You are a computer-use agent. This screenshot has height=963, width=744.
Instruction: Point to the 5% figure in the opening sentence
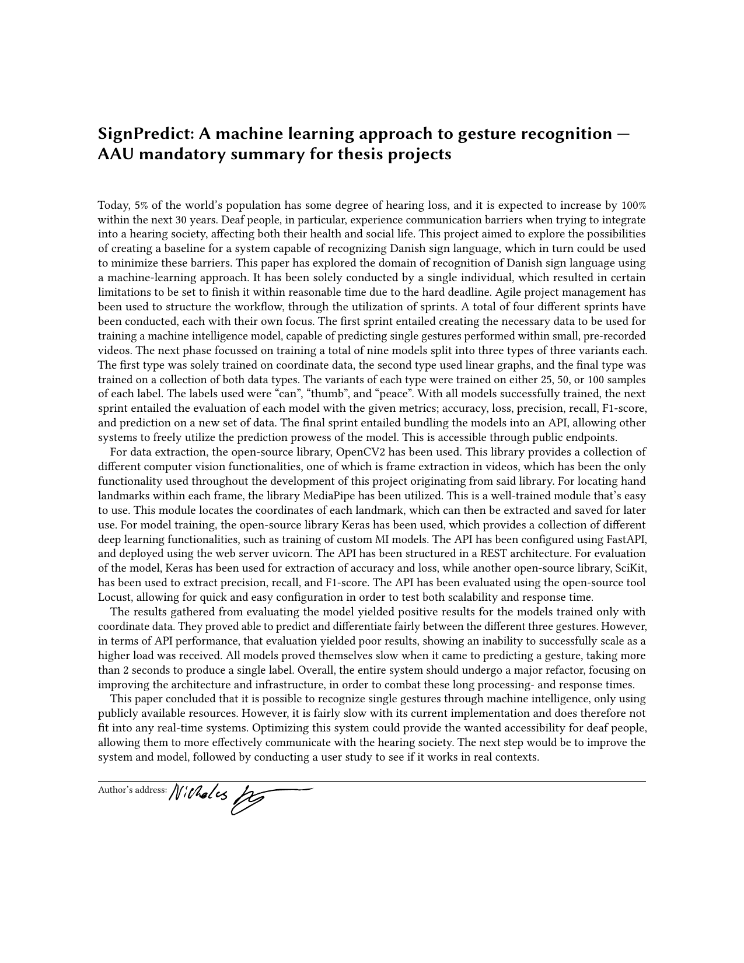click(x=141, y=205)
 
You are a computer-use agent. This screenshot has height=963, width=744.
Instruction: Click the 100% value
click(x=633, y=205)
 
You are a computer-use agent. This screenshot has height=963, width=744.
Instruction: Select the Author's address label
click(x=132, y=790)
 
